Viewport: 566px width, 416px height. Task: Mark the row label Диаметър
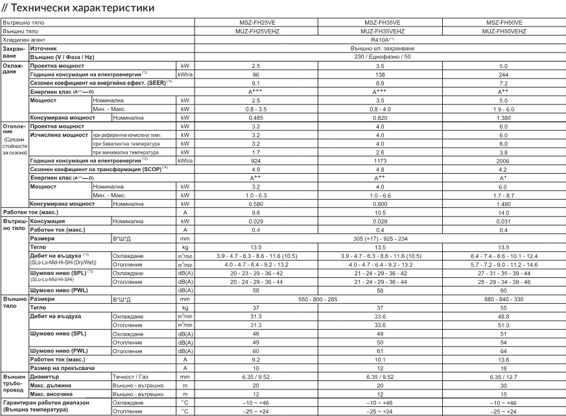(46, 376)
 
